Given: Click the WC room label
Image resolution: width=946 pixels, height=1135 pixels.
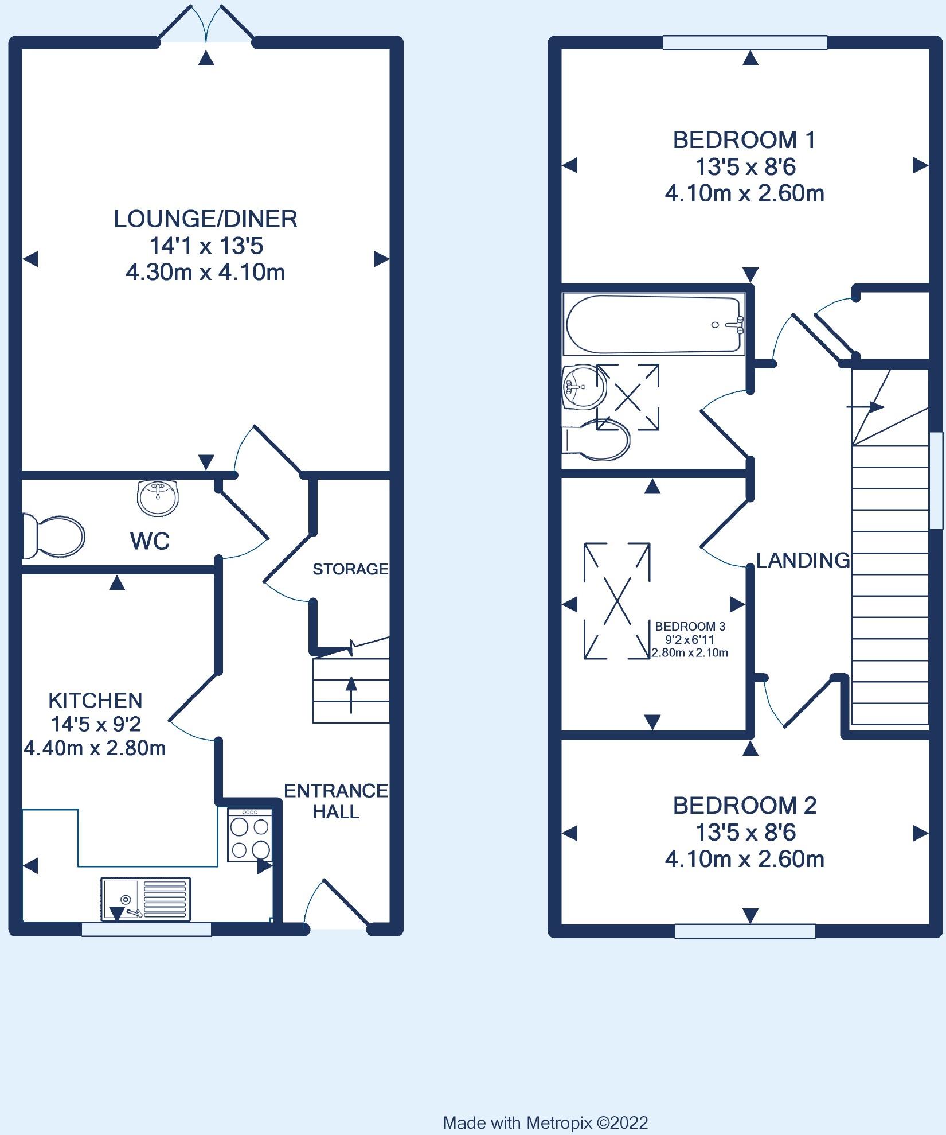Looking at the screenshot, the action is coord(150,541).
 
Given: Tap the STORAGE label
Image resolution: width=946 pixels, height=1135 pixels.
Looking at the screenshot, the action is coord(350,569).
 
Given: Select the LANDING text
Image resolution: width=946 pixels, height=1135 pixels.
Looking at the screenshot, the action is coord(803,560).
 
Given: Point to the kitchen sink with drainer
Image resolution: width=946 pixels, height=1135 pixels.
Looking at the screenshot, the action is coord(146,899).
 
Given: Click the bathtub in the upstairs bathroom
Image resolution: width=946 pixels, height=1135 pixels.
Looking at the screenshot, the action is coord(654,324).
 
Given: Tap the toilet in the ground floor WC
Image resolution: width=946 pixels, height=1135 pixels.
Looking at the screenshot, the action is coord(53,536).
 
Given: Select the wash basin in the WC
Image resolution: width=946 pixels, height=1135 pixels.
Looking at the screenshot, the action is coord(158,497).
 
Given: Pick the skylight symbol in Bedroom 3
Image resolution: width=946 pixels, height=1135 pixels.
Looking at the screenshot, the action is coord(617,601).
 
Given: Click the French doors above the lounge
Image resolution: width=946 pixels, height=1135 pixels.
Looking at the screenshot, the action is coord(206,23).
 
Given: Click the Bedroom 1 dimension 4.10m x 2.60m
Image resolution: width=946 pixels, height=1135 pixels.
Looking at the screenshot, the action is coord(744,194).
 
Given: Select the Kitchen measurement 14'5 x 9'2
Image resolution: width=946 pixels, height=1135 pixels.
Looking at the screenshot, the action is coord(96,725).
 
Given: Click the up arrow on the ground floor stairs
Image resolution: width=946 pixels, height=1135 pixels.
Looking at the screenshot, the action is coord(351,694).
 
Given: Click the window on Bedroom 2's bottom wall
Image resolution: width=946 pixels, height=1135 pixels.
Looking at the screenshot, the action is coord(745,931).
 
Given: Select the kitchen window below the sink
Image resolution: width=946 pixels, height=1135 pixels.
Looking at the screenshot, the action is coord(146,930).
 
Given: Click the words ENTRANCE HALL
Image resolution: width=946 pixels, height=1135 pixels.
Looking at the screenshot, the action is coord(336,801).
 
